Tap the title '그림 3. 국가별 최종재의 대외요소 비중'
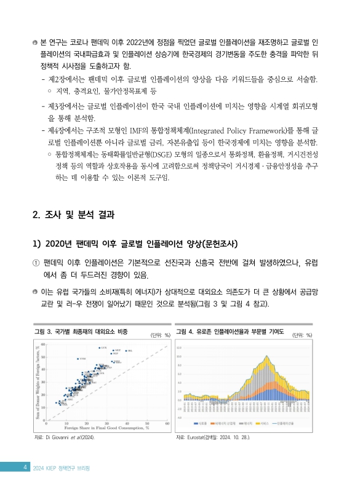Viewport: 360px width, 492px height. click(x=81, y=332)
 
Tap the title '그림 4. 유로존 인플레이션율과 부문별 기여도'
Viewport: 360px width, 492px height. click(x=230, y=332)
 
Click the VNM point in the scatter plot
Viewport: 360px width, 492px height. click(x=78, y=359)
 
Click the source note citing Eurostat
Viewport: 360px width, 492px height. click(x=212, y=438)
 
